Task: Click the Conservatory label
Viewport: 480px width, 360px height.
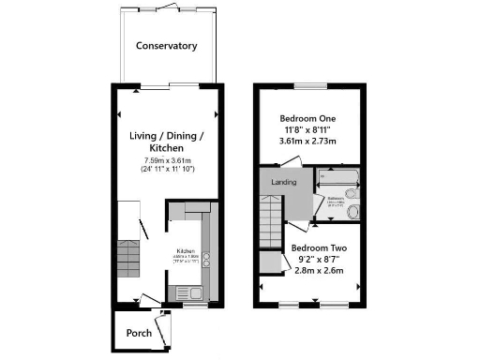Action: (167, 46)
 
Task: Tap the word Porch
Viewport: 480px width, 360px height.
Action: (139, 333)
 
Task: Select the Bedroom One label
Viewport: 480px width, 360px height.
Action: (308, 118)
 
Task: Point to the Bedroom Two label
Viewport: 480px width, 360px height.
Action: (309, 247)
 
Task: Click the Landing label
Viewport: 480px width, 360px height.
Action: (284, 181)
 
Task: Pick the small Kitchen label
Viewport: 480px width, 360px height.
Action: (186, 250)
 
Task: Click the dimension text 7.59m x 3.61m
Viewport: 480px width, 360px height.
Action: (166, 160)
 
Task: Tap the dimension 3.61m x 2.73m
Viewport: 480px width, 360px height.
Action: (308, 142)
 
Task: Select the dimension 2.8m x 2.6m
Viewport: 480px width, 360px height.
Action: (309, 271)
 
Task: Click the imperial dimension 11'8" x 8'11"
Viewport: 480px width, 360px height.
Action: (308, 130)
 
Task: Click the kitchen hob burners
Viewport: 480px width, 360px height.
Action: (207, 260)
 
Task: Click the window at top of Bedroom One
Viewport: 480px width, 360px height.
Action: (309, 86)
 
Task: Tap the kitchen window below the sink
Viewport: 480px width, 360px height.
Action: (194, 306)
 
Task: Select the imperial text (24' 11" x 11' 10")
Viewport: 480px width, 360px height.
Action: (166, 171)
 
